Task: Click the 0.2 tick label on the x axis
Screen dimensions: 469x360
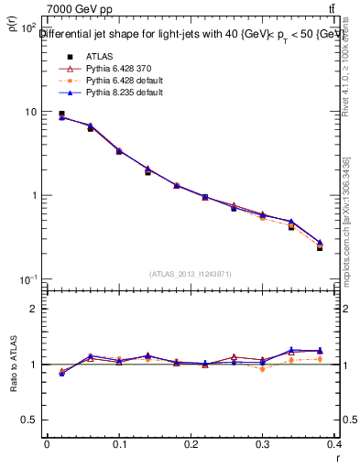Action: click(x=191, y=444)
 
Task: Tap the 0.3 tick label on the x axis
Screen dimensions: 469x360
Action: click(x=264, y=444)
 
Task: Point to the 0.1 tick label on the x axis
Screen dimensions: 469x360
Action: click(x=118, y=444)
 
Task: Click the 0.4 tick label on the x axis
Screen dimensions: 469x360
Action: click(x=335, y=444)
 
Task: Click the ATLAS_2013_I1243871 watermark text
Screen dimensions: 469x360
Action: click(x=191, y=274)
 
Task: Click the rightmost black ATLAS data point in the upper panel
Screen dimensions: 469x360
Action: click(x=320, y=247)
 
